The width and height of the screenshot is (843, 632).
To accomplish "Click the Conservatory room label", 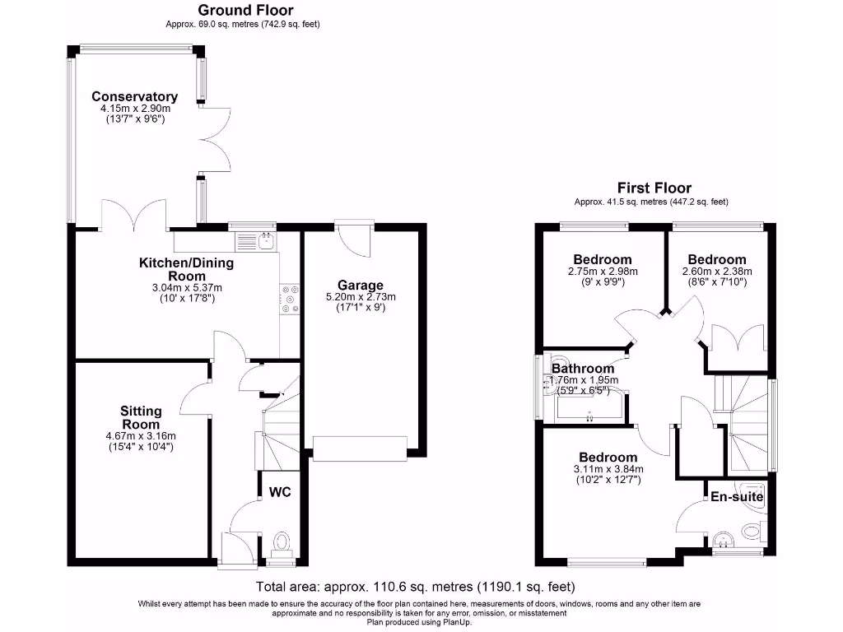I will coord(134,96).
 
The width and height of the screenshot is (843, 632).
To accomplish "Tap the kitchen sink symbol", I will coord(266,241).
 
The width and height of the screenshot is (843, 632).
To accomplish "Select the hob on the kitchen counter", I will coord(290,300).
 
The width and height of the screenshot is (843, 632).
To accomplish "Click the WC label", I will coord(280,493).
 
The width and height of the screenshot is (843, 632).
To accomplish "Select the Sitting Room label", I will coord(141,417).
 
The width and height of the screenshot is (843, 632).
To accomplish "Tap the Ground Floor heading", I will coord(245,11).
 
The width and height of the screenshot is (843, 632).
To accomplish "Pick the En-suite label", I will coord(737,497).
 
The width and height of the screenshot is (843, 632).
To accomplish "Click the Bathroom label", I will coord(583,368).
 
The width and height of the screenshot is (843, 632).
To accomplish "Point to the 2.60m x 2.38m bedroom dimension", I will coord(717,271).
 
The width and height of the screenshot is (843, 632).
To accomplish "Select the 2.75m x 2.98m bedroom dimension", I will coord(603,271).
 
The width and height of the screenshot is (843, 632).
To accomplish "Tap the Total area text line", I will coord(415,587).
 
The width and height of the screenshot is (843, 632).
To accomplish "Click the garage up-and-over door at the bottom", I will coord(360,448).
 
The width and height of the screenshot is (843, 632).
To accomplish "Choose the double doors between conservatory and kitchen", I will coord(135,216).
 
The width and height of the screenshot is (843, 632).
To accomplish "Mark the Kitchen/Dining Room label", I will coord(186,269).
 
